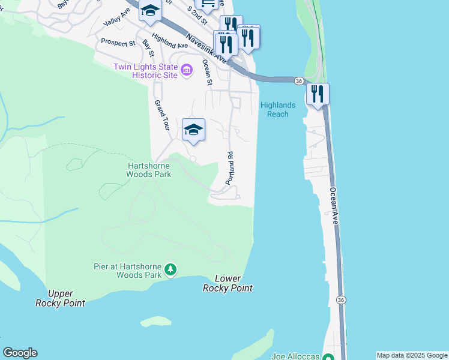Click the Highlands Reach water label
click(x=277, y=110)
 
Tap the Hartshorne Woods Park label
click(x=149, y=170)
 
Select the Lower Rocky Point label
click(x=228, y=284)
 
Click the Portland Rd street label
click(x=229, y=168)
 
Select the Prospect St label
click(x=118, y=43)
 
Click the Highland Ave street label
click(x=170, y=41)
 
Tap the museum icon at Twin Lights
click(x=187, y=71)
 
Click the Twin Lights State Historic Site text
click(x=146, y=71)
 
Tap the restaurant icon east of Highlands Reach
click(x=318, y=94)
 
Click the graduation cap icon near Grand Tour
click(x=193, y=130)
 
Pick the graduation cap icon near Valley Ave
click(x=149, y=11)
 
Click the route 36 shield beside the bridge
click(x=298, y=80)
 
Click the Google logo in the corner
click(x=20, y=353)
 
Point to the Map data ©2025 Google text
click(x=412, y=355)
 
